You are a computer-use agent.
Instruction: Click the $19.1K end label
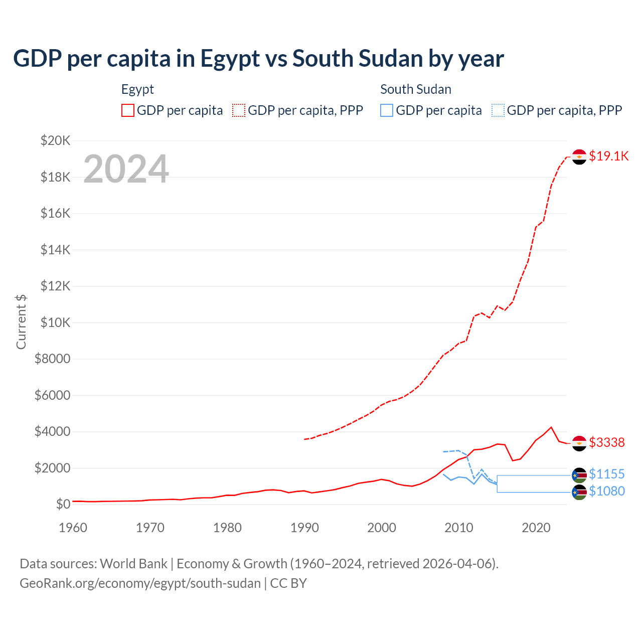608,156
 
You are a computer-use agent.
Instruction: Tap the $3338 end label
606,442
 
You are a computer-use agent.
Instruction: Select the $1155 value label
606,474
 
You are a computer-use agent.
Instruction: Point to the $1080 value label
606,491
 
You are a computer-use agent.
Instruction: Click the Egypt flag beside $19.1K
579,157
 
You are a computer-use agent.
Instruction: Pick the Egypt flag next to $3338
579,443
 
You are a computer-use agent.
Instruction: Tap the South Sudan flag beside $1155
579,475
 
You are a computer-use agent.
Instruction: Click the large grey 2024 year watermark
126,169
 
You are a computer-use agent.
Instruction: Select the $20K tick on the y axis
55,140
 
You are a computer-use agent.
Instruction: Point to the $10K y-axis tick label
55,323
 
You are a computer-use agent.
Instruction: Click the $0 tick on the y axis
63,504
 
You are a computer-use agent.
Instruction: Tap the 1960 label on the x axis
73,528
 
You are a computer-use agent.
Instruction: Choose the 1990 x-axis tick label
304,528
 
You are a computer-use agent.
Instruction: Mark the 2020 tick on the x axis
536,528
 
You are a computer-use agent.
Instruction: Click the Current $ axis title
21,322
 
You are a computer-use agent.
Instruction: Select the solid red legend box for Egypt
128,110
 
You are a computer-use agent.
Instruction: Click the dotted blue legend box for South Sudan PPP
498,110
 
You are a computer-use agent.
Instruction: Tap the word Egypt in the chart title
230,59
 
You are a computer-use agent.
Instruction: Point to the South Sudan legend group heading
416,89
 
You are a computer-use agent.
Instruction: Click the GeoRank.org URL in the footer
140,583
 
